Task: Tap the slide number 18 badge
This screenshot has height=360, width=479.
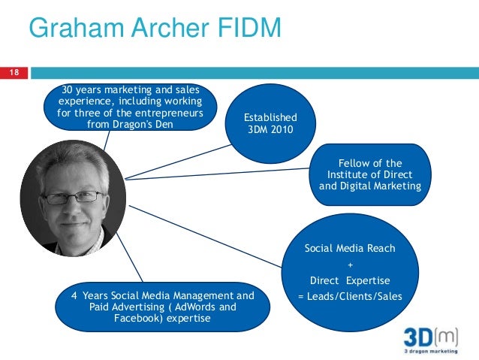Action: [13, 73]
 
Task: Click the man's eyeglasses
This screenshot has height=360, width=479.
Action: [73, 197]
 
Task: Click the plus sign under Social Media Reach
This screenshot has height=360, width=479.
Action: [349, 265]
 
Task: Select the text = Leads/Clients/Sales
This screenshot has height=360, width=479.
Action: [349, 296]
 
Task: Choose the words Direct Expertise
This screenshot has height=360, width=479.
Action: [349, 280]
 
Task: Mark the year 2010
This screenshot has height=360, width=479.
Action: [284, 129]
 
